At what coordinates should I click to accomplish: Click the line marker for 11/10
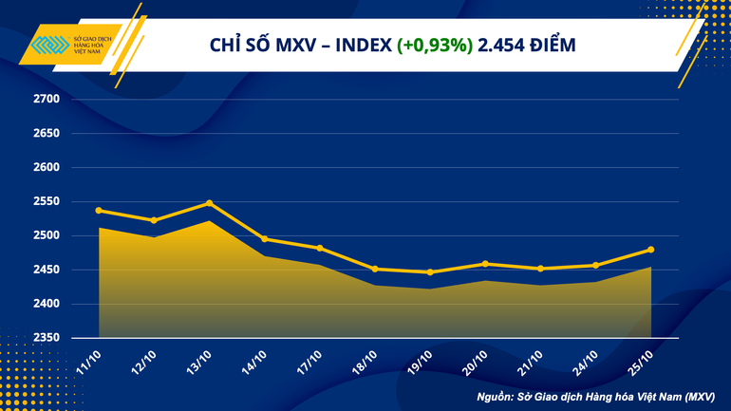(x=100, y=211)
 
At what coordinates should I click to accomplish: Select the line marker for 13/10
(x=210, y=203)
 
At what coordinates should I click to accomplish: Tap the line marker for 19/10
(x=430, y=272)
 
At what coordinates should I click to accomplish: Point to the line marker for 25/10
(x=651, y=250)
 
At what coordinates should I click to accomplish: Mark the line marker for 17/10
(x=320, y=248)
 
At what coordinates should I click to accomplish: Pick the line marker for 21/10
(x=540, y=269)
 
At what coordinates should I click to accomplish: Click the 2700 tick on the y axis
(x=47, y=99)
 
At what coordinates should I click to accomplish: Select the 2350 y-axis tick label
(x=47, y=338)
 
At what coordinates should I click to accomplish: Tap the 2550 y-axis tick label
(x=47, y=201)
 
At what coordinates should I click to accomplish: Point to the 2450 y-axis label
(x=47, y=270)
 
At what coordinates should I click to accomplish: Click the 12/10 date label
(x=143, y=362)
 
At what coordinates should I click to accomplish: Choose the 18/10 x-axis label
(x=365, y=362)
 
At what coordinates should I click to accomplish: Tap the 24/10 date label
(x=585, y=362)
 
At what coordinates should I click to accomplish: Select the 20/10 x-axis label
(x=475, y=362)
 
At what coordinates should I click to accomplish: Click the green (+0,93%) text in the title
(x=436, y=45)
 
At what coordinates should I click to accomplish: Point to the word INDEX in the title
(x=362, y=45)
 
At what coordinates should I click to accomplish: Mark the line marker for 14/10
(x=265, y=239)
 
